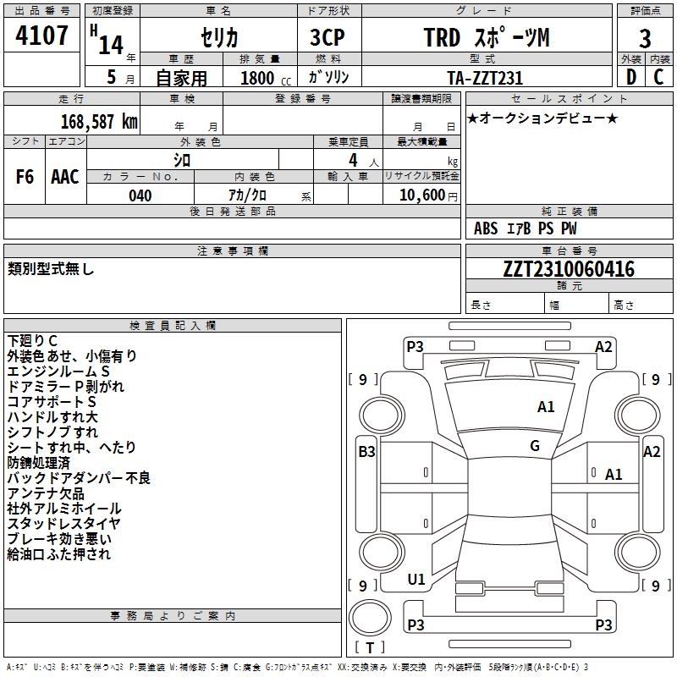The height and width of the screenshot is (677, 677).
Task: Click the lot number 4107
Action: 41,36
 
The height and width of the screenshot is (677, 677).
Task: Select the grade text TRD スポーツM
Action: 487,37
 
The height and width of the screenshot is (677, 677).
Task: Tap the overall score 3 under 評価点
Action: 645,39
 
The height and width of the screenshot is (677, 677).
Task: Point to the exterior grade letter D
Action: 631,77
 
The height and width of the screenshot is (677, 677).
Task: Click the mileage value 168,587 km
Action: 99,122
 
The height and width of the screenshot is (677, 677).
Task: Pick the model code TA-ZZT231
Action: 485,78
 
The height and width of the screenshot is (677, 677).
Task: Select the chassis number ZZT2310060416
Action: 569,268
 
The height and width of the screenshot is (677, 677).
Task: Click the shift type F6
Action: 25,177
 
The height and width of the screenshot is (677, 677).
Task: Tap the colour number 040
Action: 140,195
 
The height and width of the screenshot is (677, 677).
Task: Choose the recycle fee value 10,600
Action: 421,195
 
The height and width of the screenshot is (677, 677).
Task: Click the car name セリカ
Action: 219,37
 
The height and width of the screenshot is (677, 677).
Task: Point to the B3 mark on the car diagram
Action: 366,452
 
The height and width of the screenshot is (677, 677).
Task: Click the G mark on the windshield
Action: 535,446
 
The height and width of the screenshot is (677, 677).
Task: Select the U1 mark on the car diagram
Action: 416,580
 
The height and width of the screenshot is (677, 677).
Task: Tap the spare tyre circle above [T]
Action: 370,618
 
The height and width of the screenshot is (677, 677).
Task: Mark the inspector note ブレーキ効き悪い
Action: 59,539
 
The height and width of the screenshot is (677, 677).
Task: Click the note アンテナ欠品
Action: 46,493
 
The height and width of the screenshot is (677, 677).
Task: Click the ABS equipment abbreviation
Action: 486,228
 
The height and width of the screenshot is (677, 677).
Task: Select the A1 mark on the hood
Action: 546,407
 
